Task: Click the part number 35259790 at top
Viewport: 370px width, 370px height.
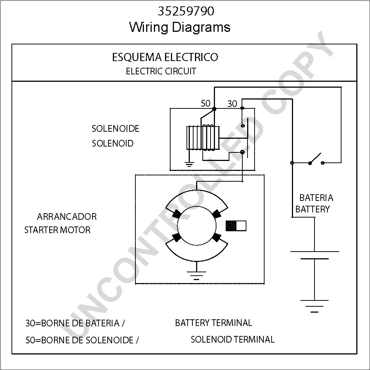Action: pyautogui.click(x=186, y=11)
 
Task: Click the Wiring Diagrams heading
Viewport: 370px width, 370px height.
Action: pyautogui.click(x=180, y=27)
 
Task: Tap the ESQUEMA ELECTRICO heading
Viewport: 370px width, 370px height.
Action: pyautogui.click(x=165, y=57)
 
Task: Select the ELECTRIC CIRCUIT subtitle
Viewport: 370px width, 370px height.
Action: pyautogui.click(x=161, y=71)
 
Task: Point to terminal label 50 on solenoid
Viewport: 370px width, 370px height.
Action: pyautogui.click(x=205, y=103)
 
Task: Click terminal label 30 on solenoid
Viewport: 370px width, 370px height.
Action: pyautogui.click(x=232, y=104)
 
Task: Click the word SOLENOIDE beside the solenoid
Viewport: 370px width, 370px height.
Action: pyautogui.click(x=115, y=129)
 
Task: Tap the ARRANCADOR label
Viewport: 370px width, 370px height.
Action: pyautogui.click(x=67, y=216)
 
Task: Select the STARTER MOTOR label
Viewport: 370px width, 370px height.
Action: pyautogui.click(x=57, y=230)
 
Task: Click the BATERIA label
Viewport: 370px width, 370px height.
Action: pyautogui.click(x=316, y=198)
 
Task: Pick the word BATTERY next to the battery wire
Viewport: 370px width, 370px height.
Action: pyautogui.click(x=312, y=209)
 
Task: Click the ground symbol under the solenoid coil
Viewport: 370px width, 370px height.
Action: pyautogui.click(x=189, y=164)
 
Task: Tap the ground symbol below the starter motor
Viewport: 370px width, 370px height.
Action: pyautogui.click(x=196, y=275)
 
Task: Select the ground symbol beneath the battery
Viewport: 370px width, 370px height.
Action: pyautogui.click(x=314, y=306)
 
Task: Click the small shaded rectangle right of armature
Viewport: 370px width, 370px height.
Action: pyautogui.click(x=236, y=226)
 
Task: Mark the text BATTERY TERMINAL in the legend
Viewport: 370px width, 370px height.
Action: pyautogui.click(x=213, y=323)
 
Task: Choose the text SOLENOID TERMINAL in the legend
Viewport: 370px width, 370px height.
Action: pyautogui.click(x=232, y=339)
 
